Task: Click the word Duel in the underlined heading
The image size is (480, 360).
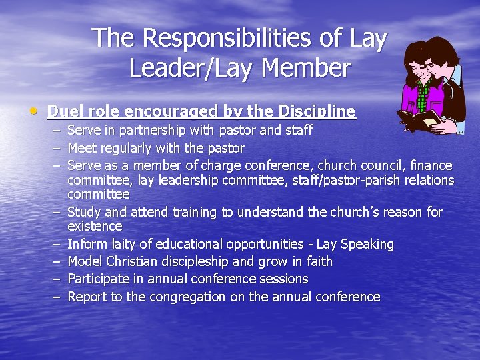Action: point(65,111)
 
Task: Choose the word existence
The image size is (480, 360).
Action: point(95,227)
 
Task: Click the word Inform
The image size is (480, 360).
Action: point(88,245)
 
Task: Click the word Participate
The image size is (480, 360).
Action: point(98,279)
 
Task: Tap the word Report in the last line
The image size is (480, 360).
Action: point(89,297)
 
